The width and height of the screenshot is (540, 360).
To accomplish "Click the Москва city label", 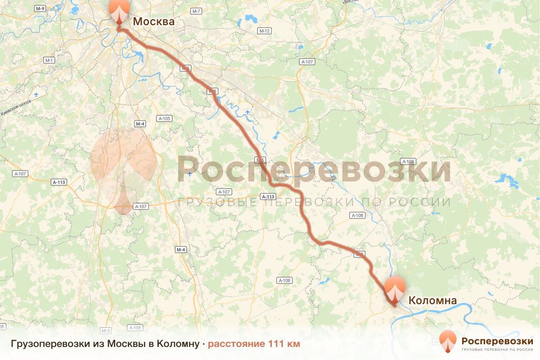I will coord(153,22).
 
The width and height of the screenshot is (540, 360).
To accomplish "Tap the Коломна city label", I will coord(432,301).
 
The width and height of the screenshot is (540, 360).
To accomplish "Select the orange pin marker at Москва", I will coord(119,11).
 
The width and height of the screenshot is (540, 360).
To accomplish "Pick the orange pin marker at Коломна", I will coord(395,288).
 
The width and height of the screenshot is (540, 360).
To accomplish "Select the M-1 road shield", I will coord(49,60).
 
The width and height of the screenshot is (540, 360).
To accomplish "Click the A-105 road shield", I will coord(164,119).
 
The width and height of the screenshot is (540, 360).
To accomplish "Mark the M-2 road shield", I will coord(106,331).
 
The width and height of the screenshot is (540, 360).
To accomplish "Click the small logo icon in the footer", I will coord(448,341).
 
